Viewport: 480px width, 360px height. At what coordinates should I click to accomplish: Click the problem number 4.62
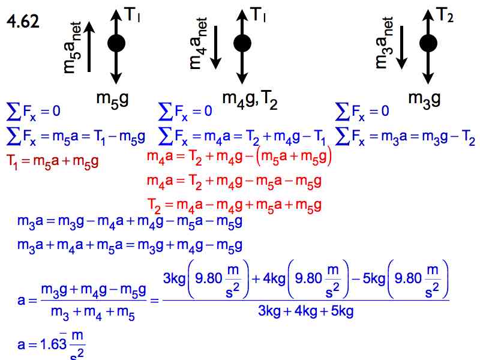23,22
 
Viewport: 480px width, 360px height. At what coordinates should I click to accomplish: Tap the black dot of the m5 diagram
116,43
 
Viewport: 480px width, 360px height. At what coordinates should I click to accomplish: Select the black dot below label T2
428,43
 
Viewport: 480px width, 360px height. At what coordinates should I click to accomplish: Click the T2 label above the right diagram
444,15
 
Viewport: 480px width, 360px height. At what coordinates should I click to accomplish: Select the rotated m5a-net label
73,48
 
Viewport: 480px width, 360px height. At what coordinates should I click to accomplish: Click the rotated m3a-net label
384,43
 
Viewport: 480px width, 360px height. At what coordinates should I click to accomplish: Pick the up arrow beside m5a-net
89,47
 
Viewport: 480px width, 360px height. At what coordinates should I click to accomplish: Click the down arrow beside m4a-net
215,47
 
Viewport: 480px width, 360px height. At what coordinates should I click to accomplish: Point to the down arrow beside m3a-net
401,47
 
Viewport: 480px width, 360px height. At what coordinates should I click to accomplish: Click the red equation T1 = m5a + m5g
52,161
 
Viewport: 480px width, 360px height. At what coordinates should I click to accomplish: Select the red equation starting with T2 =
234,205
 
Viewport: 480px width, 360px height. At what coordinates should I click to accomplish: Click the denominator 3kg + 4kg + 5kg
305,311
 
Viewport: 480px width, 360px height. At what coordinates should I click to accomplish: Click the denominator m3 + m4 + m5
93,312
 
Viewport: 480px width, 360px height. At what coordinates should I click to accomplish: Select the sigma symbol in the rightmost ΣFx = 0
342,112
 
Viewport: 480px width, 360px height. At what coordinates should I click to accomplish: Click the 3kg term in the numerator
175,278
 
